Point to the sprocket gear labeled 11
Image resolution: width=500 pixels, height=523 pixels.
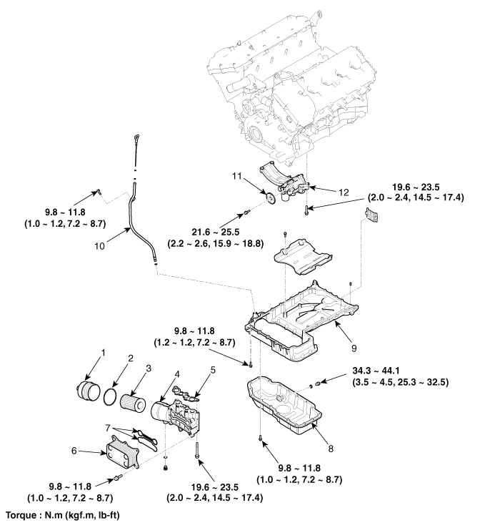271,199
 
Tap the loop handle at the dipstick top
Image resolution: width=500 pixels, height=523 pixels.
135,137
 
